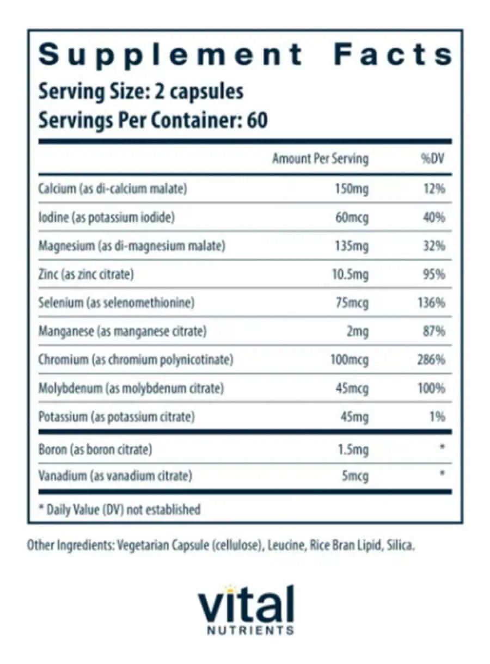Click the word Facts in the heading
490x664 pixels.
point(393,55)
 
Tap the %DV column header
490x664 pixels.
point(434,159)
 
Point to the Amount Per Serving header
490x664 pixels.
point(320,159)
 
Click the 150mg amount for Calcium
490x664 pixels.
point(352,189)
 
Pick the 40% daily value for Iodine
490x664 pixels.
point(434,218)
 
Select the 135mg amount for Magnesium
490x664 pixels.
point(352,246)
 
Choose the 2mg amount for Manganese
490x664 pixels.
point(357,331)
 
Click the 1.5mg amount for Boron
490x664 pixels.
point(353,450)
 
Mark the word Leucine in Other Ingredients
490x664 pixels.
point(284,545)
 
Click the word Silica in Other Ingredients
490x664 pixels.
point(400,545)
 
